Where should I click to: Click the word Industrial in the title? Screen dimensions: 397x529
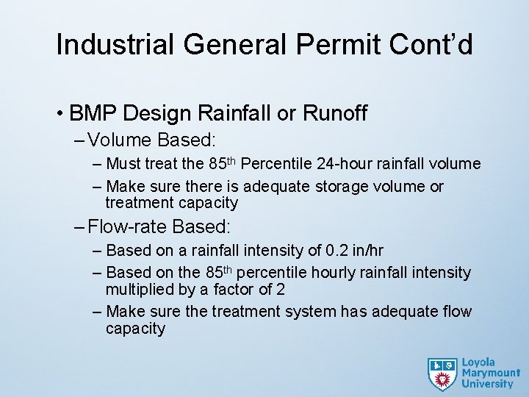click(x=115, y=45)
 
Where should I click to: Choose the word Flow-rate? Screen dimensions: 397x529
click(x=126, y=226)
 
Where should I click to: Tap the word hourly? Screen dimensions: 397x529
click(x=339, y=273)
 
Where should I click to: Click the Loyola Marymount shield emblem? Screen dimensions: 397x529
click(x=442, y=373)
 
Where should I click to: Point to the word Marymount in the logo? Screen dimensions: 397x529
click(x=490, y=373)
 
